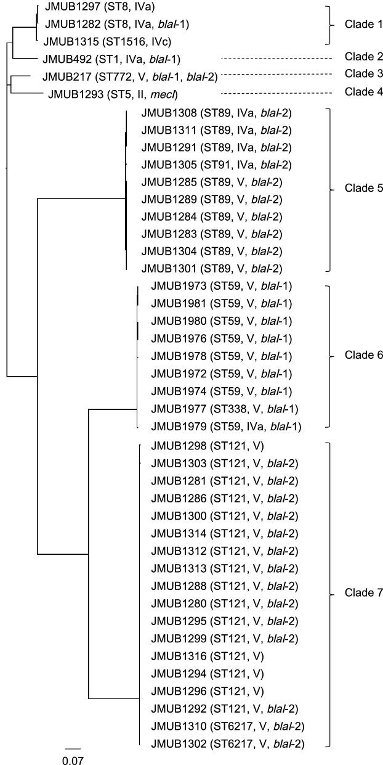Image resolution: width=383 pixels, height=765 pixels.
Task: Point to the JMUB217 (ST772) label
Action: tap(129, 76)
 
